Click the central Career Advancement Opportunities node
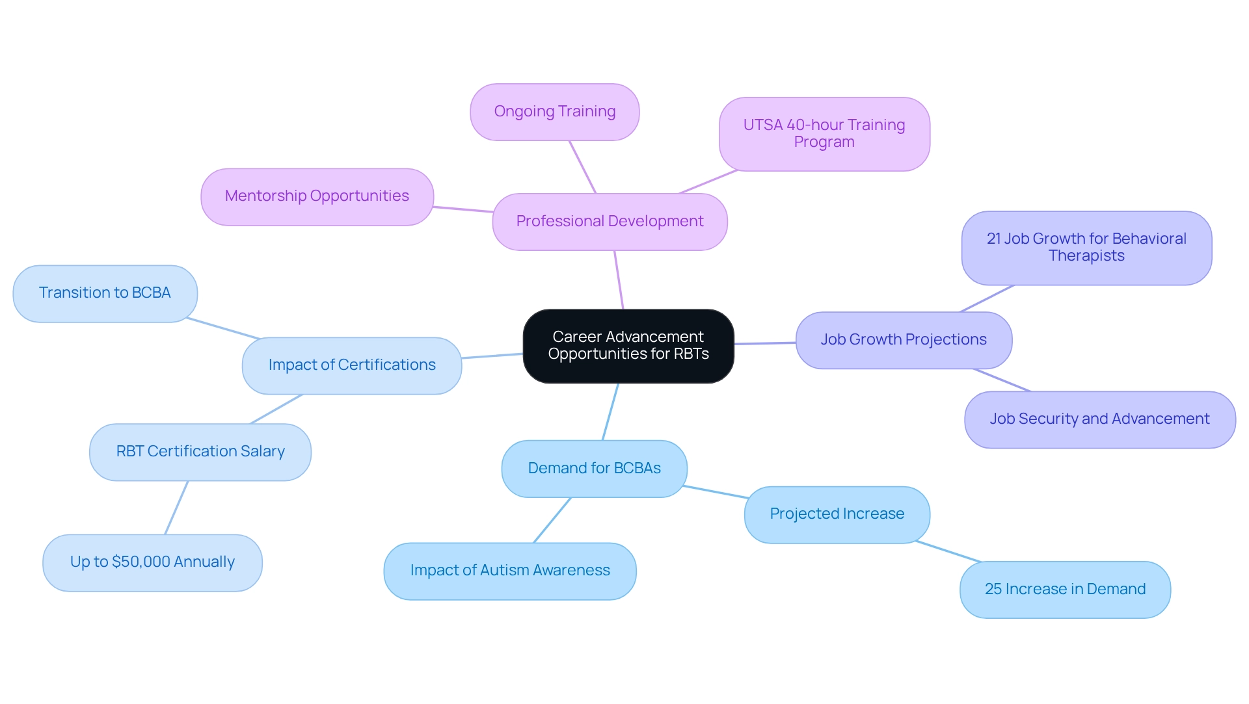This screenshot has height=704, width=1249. click(628, 346)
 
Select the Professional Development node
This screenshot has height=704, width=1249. click(610, 222)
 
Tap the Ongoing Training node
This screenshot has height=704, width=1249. click(554, 112)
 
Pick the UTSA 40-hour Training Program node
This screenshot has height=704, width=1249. click(824, 134)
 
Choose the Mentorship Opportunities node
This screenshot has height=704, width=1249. click(317, 196)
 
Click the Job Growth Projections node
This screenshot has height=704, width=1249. click(904, 340)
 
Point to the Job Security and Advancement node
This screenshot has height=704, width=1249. click(1099, 419)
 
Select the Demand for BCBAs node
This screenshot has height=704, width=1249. click(594, 469)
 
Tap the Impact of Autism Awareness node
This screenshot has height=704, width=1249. click(510, 571)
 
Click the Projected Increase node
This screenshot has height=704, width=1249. click(837, 514)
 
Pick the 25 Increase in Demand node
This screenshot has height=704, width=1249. click(1065, 590)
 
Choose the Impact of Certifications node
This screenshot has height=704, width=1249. click(352, 365)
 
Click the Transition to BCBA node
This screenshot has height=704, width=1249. click(105, 293)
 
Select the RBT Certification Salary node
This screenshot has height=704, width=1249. click(200, 452)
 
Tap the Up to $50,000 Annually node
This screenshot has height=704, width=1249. click(152, 562)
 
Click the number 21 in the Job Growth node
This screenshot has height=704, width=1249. click(993, 239)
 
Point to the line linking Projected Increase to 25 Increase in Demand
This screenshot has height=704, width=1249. click(948, 551)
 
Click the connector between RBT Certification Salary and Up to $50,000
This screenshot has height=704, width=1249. click(176, 508)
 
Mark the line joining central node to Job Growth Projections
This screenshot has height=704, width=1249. click(765, 343)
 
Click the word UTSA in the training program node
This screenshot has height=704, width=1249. click(762, 125)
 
